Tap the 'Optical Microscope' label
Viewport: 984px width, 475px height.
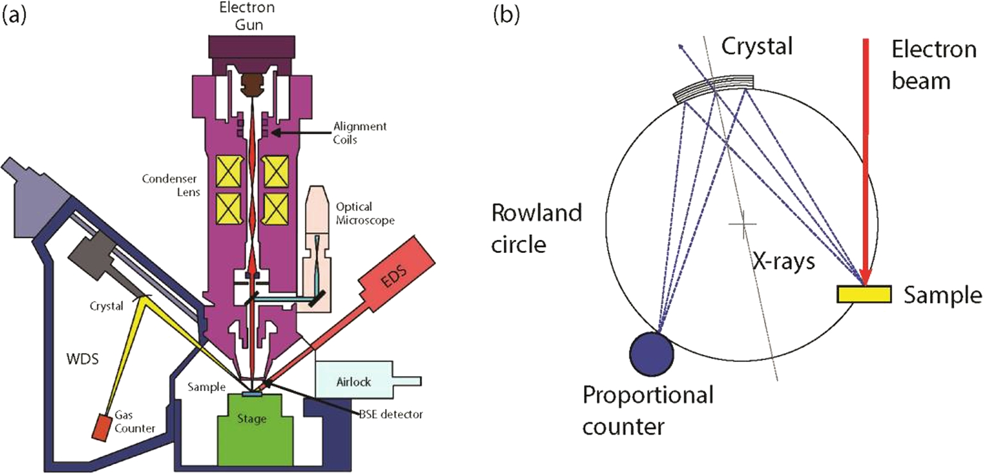[x=365, y=213]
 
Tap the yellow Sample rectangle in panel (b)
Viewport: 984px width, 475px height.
[x=863, y=293]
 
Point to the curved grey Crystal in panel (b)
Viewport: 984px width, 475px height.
[x=713, y=86]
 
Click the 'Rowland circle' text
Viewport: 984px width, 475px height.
[x=537, y=228]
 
